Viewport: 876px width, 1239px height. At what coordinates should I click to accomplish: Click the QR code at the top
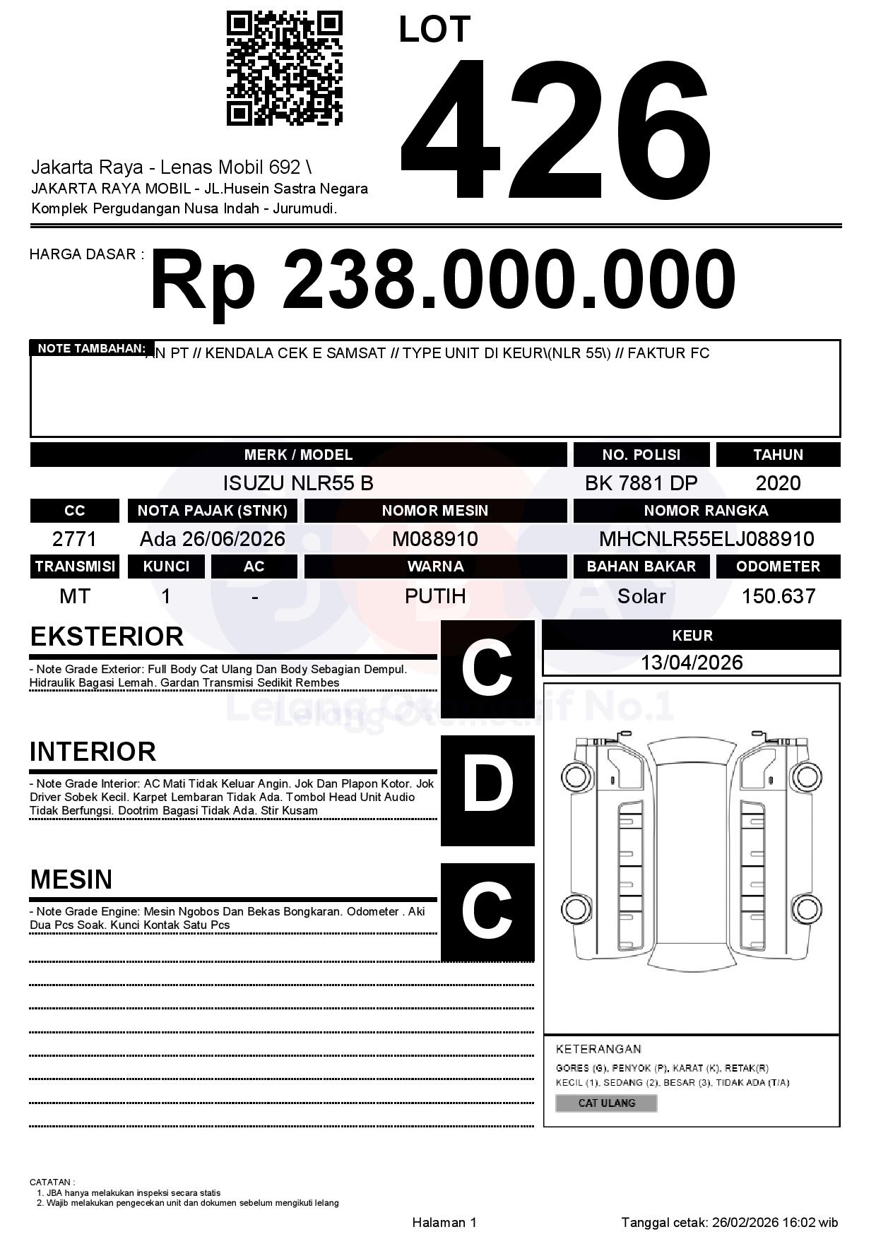[x=284, y=68]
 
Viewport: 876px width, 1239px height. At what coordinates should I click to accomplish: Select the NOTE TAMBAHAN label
[x=91, y=348]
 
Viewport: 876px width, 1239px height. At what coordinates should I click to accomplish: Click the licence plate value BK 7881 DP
[x=641, y=483]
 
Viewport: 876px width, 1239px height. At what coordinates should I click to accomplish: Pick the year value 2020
[x=778, y=483]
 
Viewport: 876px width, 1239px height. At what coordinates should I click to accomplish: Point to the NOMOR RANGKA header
[x=706, y=511]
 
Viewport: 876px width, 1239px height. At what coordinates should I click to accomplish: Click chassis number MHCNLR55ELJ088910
[x=706, y=539]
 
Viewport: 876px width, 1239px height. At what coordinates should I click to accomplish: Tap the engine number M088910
[x=435, y=539]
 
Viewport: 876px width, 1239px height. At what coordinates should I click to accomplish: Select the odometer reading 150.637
[x=778, y=596]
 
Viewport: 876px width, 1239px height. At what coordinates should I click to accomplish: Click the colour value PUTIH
[x=435, y=596]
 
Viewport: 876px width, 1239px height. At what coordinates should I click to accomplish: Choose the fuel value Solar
[x=641, y=596]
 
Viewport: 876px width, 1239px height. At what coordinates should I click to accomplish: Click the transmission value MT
[x=75, y=596]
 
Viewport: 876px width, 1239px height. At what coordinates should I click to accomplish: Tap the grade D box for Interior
[x=487, y=790]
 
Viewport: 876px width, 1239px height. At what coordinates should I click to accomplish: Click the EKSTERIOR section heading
[x=107, y=636]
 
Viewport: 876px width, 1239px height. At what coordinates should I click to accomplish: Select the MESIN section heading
[x=71, y=879]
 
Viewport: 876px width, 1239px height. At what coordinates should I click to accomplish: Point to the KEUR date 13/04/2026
[x=692, y=663]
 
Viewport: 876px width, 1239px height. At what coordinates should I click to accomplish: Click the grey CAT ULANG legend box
[x=606, y=1103]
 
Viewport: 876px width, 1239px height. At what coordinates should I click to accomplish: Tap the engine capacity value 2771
[x=75, y=539]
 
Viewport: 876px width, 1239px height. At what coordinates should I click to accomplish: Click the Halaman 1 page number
[x=444, y=1222]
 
